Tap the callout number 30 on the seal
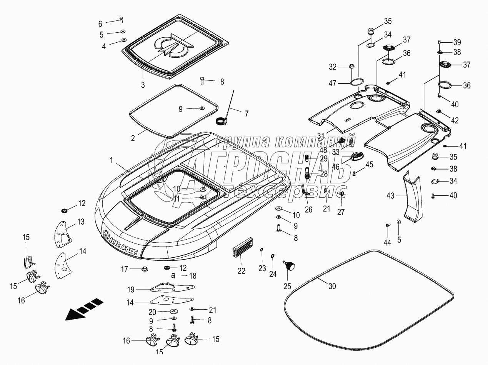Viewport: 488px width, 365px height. click(x=332, y=286)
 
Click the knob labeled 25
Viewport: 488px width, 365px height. click(x=289, y=265)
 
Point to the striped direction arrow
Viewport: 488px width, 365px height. click(x=84, y=310)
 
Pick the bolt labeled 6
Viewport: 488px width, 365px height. click(x=121, y=20)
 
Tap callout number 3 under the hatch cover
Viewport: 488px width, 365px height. click(x=143, y=85)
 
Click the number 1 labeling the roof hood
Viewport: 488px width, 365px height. click(x=112, y=160)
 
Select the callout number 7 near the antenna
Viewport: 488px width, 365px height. click(x=246, y=113)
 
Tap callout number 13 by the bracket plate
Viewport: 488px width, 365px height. click(x=81, y=222)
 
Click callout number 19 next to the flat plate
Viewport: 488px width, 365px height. click(x=131, y=290)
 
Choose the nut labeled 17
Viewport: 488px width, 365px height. click(x=145, y=269)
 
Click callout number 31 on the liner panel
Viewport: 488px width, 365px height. click(x=321, y=135)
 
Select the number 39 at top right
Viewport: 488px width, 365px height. click(x=457, y=42)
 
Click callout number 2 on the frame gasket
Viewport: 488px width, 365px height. click(x=133, y=138)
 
